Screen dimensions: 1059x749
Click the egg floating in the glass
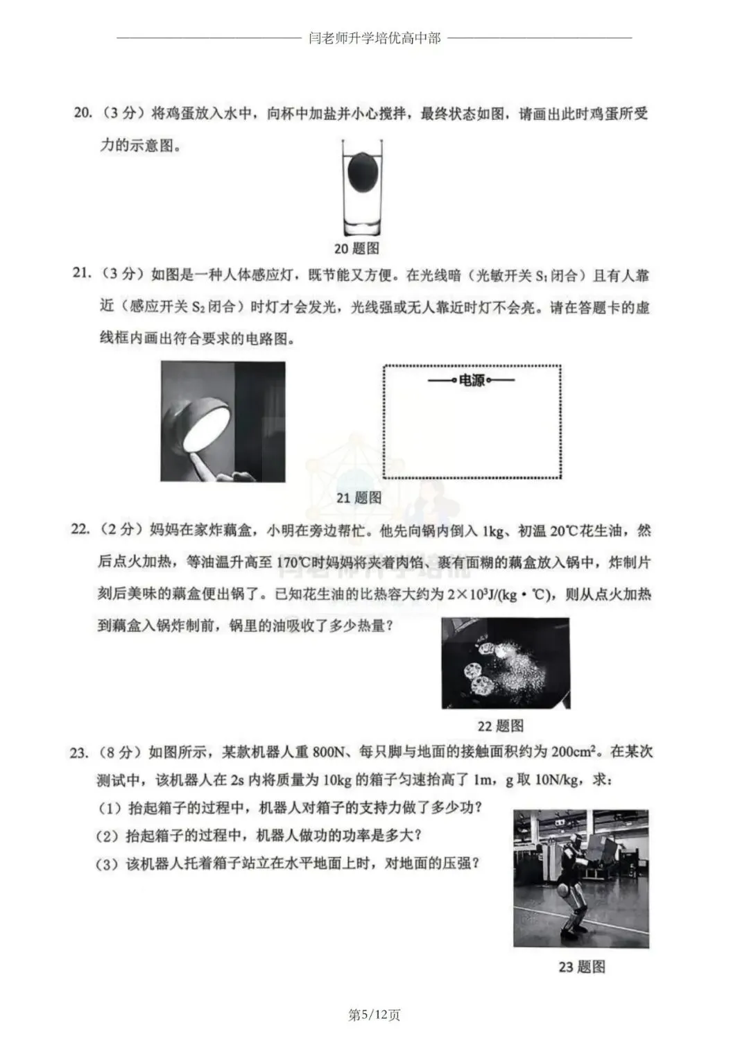click(x=361, y=171)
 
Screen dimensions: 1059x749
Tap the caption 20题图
click(x=357, y=248)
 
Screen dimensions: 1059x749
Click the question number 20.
click(x=83, y=113)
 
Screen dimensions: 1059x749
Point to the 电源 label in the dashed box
click(x=472, y=380)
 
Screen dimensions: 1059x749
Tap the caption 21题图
click(x=359, y=497)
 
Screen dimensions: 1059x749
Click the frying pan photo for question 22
click(x=506, y=663)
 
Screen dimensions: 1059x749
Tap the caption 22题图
click(x=500, y=725)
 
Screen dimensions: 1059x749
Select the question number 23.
click(x=79, y=752)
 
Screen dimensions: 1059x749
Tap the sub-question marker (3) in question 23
click(x=108, y=864)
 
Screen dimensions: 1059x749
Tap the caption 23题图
click(x=581, y=966)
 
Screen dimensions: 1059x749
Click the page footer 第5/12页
click(x=374, y=1015)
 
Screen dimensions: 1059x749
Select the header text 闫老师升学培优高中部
click(x=374, y=38)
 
